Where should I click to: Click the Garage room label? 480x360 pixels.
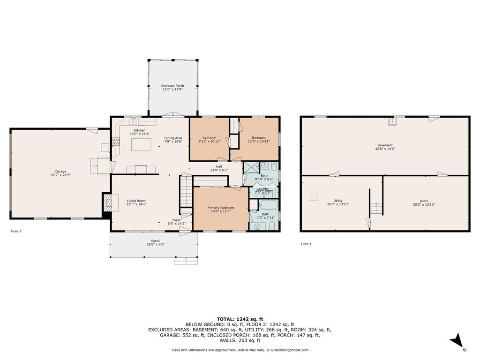coord(60,172)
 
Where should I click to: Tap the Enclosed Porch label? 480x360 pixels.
coord(172,86)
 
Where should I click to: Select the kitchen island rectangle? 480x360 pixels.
coord(141,144)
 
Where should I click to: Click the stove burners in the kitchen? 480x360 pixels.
coord(116,142)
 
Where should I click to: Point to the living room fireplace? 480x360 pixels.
coord(107,203)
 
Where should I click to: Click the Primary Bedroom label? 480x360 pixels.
coord(221,208)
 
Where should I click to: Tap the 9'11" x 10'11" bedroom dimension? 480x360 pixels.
coord(210,142)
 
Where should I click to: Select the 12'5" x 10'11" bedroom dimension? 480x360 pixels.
coord(259,142)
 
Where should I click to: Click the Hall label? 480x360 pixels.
coord(219,166)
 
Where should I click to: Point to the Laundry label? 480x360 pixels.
coord(262,189)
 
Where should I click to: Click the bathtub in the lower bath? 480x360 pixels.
coord(269,204)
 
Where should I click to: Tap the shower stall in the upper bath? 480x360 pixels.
coord(251,168)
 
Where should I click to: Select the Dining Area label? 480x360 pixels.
coord(173,138)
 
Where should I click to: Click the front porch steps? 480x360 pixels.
coord(186,261)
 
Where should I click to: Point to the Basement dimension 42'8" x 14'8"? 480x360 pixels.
coord(385,149)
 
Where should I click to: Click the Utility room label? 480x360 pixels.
coord(338,201)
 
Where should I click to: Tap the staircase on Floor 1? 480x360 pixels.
coord(376,209)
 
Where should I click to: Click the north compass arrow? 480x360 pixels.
coord(457,340)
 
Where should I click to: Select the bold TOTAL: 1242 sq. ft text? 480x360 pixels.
coord(240,319)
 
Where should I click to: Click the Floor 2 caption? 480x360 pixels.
coord(16,231)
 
